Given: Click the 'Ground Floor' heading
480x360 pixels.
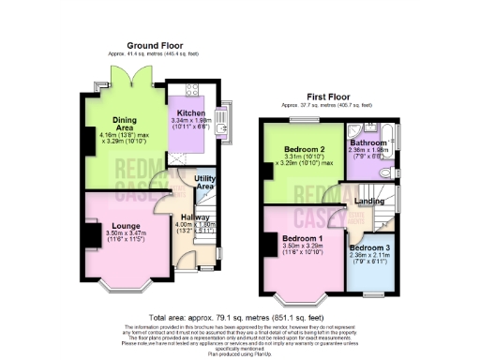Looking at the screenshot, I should coord(155,45).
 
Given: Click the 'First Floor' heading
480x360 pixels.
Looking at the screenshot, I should coord(326,97).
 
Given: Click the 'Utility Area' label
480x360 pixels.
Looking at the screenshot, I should coord(205,182).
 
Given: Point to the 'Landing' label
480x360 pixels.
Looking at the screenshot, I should coord(367,200).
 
